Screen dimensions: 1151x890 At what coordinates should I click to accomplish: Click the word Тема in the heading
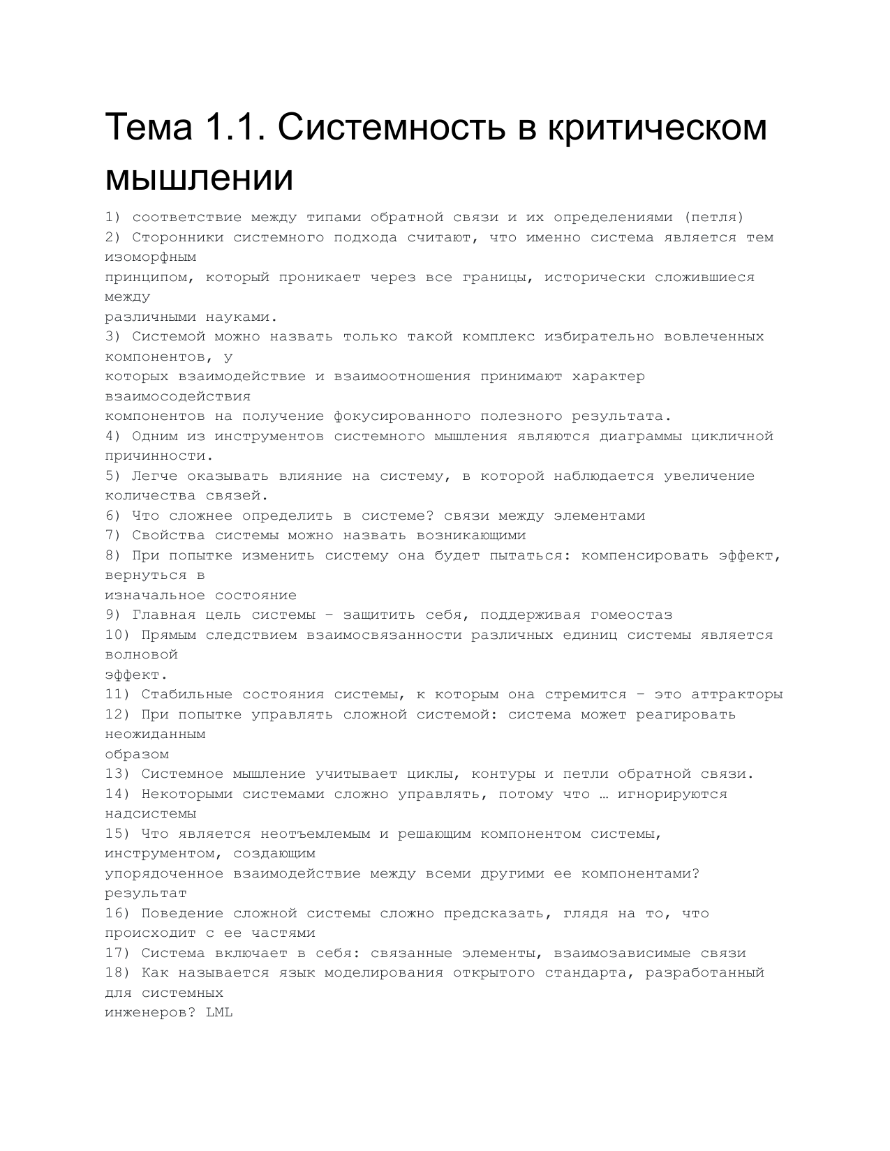click(x=149, y=127)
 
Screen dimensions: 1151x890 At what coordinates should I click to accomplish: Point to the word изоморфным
click(x=151, y=257)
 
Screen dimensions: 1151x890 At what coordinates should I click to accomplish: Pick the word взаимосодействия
click(x=178, y=396)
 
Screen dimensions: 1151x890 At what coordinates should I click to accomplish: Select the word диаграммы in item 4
click(x=640, y=436)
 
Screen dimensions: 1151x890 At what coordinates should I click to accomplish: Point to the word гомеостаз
click(x=632, y=615)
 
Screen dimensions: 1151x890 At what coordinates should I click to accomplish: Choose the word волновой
click(x=142, y=654)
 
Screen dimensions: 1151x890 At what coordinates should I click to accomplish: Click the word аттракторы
click(x=737, y=694)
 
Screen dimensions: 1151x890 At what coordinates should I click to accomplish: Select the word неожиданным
click(x=156, y=734)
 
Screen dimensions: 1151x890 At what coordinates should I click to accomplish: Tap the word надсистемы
click(x=151, y=813)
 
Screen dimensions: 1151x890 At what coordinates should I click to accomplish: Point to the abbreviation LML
click(x=219, y=1012)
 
